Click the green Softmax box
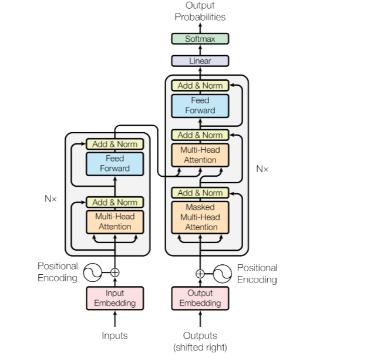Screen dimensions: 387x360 click(200, 39)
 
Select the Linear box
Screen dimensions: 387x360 click(200, 61)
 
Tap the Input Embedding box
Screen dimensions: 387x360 click(115, 298)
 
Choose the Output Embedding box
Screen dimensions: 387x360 click(200, 298)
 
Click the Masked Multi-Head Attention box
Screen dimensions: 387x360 click(200, 217)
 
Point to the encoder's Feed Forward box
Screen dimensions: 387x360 click(115, 164)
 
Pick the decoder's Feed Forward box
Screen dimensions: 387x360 click(200, 106)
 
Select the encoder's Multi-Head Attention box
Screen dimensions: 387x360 click(115, 222)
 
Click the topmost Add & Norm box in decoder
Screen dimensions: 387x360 click(200, 85)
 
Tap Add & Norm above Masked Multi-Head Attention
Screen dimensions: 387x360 click(200, 193)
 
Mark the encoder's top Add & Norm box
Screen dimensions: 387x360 click(115, 144)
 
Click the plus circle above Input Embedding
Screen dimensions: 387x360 click(115, 272)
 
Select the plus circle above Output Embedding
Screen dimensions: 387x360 click(200, 274)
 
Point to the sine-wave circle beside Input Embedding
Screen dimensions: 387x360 click(93, 272)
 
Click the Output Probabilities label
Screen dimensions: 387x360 click(200, 11)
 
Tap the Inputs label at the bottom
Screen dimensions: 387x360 click(115, 335)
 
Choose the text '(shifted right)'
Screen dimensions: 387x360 click(200, 348)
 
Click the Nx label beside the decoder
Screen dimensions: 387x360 click(262, 169)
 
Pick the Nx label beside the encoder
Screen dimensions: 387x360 click(51, 198)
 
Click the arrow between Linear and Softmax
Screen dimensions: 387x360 click(200, 50)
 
